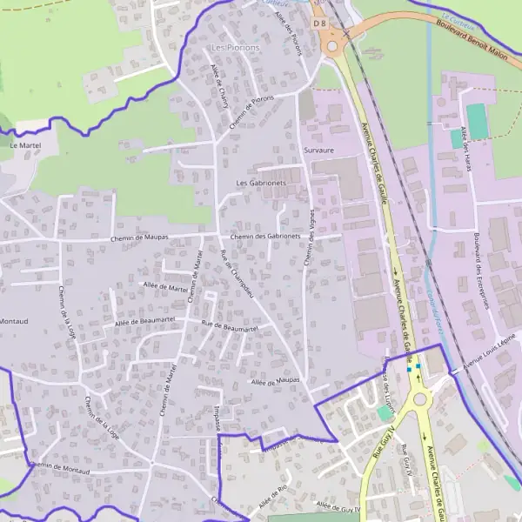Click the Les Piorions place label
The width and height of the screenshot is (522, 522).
(x=235, y=47)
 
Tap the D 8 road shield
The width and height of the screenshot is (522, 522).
(x=320, y=23)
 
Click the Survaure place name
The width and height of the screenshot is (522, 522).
(x=319, y=151)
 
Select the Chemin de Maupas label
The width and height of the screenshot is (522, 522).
(x=139, y=238)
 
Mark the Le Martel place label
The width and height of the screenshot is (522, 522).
(x=25, y=145)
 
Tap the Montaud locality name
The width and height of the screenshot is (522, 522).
(x=13, y=321)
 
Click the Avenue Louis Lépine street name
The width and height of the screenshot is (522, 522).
(x=489, y=351)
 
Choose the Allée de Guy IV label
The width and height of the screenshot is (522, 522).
(x=338, y=505)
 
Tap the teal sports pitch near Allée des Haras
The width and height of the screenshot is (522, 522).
(x=477, y=120)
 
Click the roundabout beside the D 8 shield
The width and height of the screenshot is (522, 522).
(x=332, y=44)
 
